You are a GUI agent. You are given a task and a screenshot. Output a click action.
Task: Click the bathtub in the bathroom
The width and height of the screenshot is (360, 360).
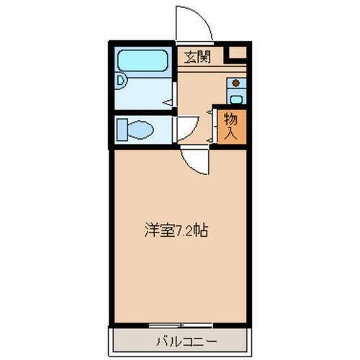pos(143,59)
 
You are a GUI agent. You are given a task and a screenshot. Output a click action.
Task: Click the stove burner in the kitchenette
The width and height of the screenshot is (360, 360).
pos(235,82)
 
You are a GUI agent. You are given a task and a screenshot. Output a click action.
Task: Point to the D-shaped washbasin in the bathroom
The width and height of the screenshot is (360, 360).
pos(122,81)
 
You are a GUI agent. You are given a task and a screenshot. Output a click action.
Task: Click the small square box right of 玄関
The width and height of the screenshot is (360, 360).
pos(235,53)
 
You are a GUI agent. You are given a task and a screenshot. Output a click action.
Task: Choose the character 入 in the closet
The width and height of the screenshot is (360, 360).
pos(230,133)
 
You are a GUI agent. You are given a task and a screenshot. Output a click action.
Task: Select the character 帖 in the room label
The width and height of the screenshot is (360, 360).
pos(204,233)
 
